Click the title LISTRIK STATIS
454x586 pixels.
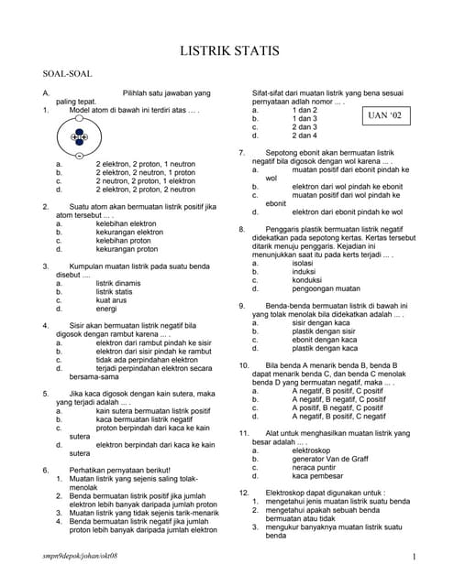click(227, 51)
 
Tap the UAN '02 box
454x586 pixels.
click(382, 116)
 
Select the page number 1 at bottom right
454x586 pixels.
click(415, 557)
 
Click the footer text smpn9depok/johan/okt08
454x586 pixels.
click(80, 557)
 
